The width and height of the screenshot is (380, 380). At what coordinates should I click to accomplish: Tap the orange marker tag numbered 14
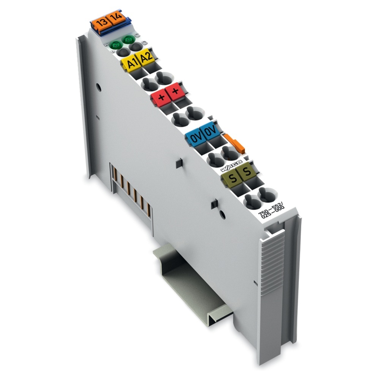tap(117, 18)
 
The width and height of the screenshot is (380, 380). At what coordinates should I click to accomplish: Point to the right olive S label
tap(246, 171)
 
